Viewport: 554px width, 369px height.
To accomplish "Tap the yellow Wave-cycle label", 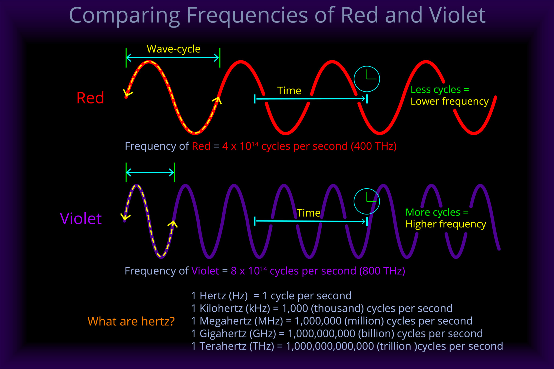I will [173, 49].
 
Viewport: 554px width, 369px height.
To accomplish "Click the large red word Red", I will [90, 98].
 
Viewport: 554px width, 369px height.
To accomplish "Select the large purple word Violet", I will [81, 218].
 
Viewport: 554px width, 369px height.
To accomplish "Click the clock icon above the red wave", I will [367, 79].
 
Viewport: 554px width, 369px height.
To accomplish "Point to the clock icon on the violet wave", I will [367, 201].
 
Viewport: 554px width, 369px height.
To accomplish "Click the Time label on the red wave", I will [289, 91].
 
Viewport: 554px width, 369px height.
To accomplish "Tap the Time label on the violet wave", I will [308, 213].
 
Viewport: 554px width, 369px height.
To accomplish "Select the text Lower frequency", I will [449, 101].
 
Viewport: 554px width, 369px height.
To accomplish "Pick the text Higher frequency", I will [446, 224].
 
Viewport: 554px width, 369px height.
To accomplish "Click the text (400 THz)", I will [374, 146].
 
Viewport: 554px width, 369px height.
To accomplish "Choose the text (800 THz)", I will [382, 271].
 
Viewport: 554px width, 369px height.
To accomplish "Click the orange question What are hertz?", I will [131, 321].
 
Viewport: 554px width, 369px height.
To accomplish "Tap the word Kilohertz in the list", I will [221, 308].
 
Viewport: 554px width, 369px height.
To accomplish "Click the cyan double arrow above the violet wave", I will [150, 172].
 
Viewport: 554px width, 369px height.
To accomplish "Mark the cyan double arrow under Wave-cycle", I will [173, 58].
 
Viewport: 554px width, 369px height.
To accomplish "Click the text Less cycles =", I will [439, 89].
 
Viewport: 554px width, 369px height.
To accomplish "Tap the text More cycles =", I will [437, 212].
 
